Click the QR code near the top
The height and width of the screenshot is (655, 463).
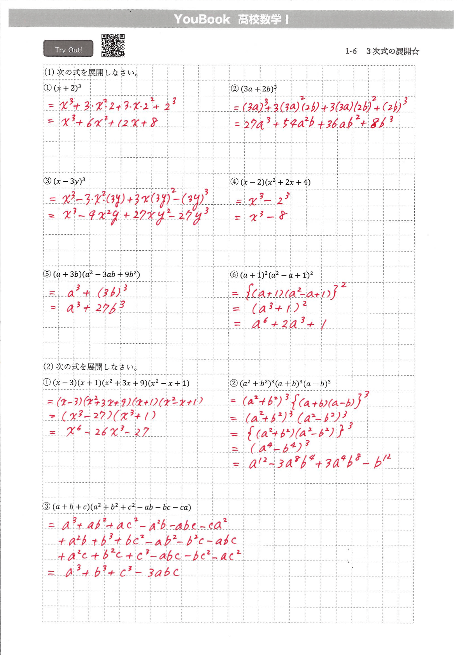point(113,45)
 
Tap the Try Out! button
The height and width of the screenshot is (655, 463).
point(68,49)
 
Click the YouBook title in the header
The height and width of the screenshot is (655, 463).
point(202,19)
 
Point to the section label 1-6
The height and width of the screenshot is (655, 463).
point(351,51)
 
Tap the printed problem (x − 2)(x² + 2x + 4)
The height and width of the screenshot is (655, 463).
point(275,182)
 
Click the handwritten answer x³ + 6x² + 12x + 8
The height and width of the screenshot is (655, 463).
point(109,123)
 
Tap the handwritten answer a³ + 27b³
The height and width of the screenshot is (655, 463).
point(95,307)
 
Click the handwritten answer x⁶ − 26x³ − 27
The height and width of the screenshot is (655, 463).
point(107,432)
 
